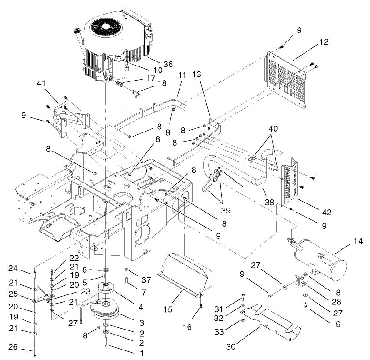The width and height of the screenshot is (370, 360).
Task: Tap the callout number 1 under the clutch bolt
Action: pos(130,352)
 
